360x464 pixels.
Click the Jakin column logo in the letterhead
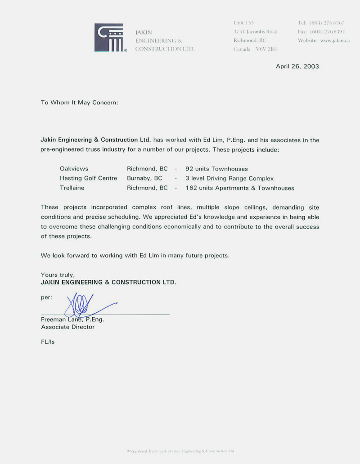[109, 38]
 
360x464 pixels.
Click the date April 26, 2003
[297, 66]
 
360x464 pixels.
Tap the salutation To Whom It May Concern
[80, 102]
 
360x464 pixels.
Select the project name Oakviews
[74, 169]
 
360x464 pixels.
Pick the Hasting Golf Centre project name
[88, 178]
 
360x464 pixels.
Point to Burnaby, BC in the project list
[144, 178]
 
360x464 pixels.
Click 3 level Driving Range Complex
[229, 178]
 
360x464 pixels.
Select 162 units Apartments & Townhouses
[240, 188]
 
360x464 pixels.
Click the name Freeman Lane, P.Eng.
[72, 319]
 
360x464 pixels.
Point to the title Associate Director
[67, 327]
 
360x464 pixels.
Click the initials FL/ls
[48, 342]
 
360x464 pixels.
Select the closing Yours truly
[58, 275]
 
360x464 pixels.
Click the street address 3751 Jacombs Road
[256, 32]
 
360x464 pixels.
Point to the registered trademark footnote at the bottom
[180, 450]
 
